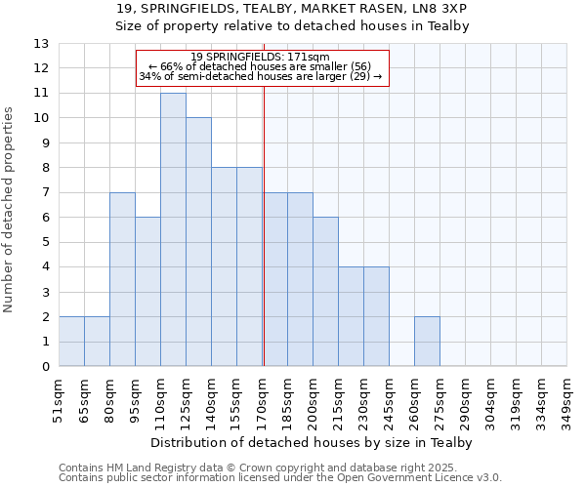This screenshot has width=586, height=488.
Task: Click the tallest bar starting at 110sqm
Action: click(x=173, y=230)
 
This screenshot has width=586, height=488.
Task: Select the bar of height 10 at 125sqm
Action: click(x=198, y=242)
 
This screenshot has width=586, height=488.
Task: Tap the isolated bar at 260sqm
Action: click(x=427, y=342)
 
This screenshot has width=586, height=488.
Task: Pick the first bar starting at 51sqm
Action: click(x=71, y=342)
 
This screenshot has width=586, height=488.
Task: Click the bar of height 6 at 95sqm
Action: click(x=147, y=292)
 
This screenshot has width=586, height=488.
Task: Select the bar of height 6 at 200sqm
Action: click(x=325, y=292)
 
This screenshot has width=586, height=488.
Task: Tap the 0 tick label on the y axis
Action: click(x=45, y=367)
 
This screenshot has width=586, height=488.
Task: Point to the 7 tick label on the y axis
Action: click(x=45, y=193)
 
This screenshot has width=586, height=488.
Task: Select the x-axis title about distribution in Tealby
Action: click(x=313, y=442)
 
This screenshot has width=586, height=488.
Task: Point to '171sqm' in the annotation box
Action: click(x=312, y=57)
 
